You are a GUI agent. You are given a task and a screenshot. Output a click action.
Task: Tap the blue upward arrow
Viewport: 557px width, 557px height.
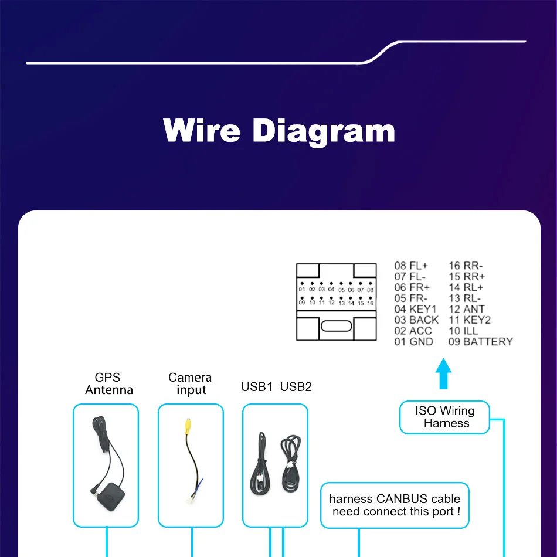(444, 375)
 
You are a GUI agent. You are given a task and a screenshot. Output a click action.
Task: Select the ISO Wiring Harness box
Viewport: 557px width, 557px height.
(444, 417)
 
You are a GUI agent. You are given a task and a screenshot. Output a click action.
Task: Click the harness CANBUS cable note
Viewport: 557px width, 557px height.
(395, 505)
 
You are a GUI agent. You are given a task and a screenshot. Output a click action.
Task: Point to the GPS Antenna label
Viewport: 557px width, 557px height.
(108, 384)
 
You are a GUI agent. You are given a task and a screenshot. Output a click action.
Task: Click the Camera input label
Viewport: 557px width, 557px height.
(190, 384)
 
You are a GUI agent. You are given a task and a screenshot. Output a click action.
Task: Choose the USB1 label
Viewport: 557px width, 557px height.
(257, 387)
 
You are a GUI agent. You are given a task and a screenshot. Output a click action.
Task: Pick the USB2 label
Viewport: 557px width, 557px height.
(296, 387)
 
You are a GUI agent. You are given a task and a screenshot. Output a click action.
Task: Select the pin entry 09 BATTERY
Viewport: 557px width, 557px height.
(480, 342)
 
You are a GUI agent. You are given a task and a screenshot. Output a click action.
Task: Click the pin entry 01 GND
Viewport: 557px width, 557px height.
(413, 342)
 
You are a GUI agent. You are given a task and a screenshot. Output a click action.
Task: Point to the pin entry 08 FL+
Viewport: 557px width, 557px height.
(411, 266)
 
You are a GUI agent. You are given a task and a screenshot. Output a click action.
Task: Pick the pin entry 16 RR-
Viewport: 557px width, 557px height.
(466, 266)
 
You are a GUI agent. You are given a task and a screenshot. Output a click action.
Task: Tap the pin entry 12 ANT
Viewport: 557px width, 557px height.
(467, 309)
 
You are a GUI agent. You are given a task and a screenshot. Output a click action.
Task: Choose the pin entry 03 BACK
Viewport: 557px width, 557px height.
(416, 320)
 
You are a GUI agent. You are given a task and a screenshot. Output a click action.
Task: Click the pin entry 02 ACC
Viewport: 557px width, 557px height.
(413, 331)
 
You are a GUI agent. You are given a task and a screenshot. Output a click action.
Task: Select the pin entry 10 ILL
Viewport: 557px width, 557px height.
(463, 331)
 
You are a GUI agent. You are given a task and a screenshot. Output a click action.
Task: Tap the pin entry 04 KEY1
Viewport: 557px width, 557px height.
(415, 309)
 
